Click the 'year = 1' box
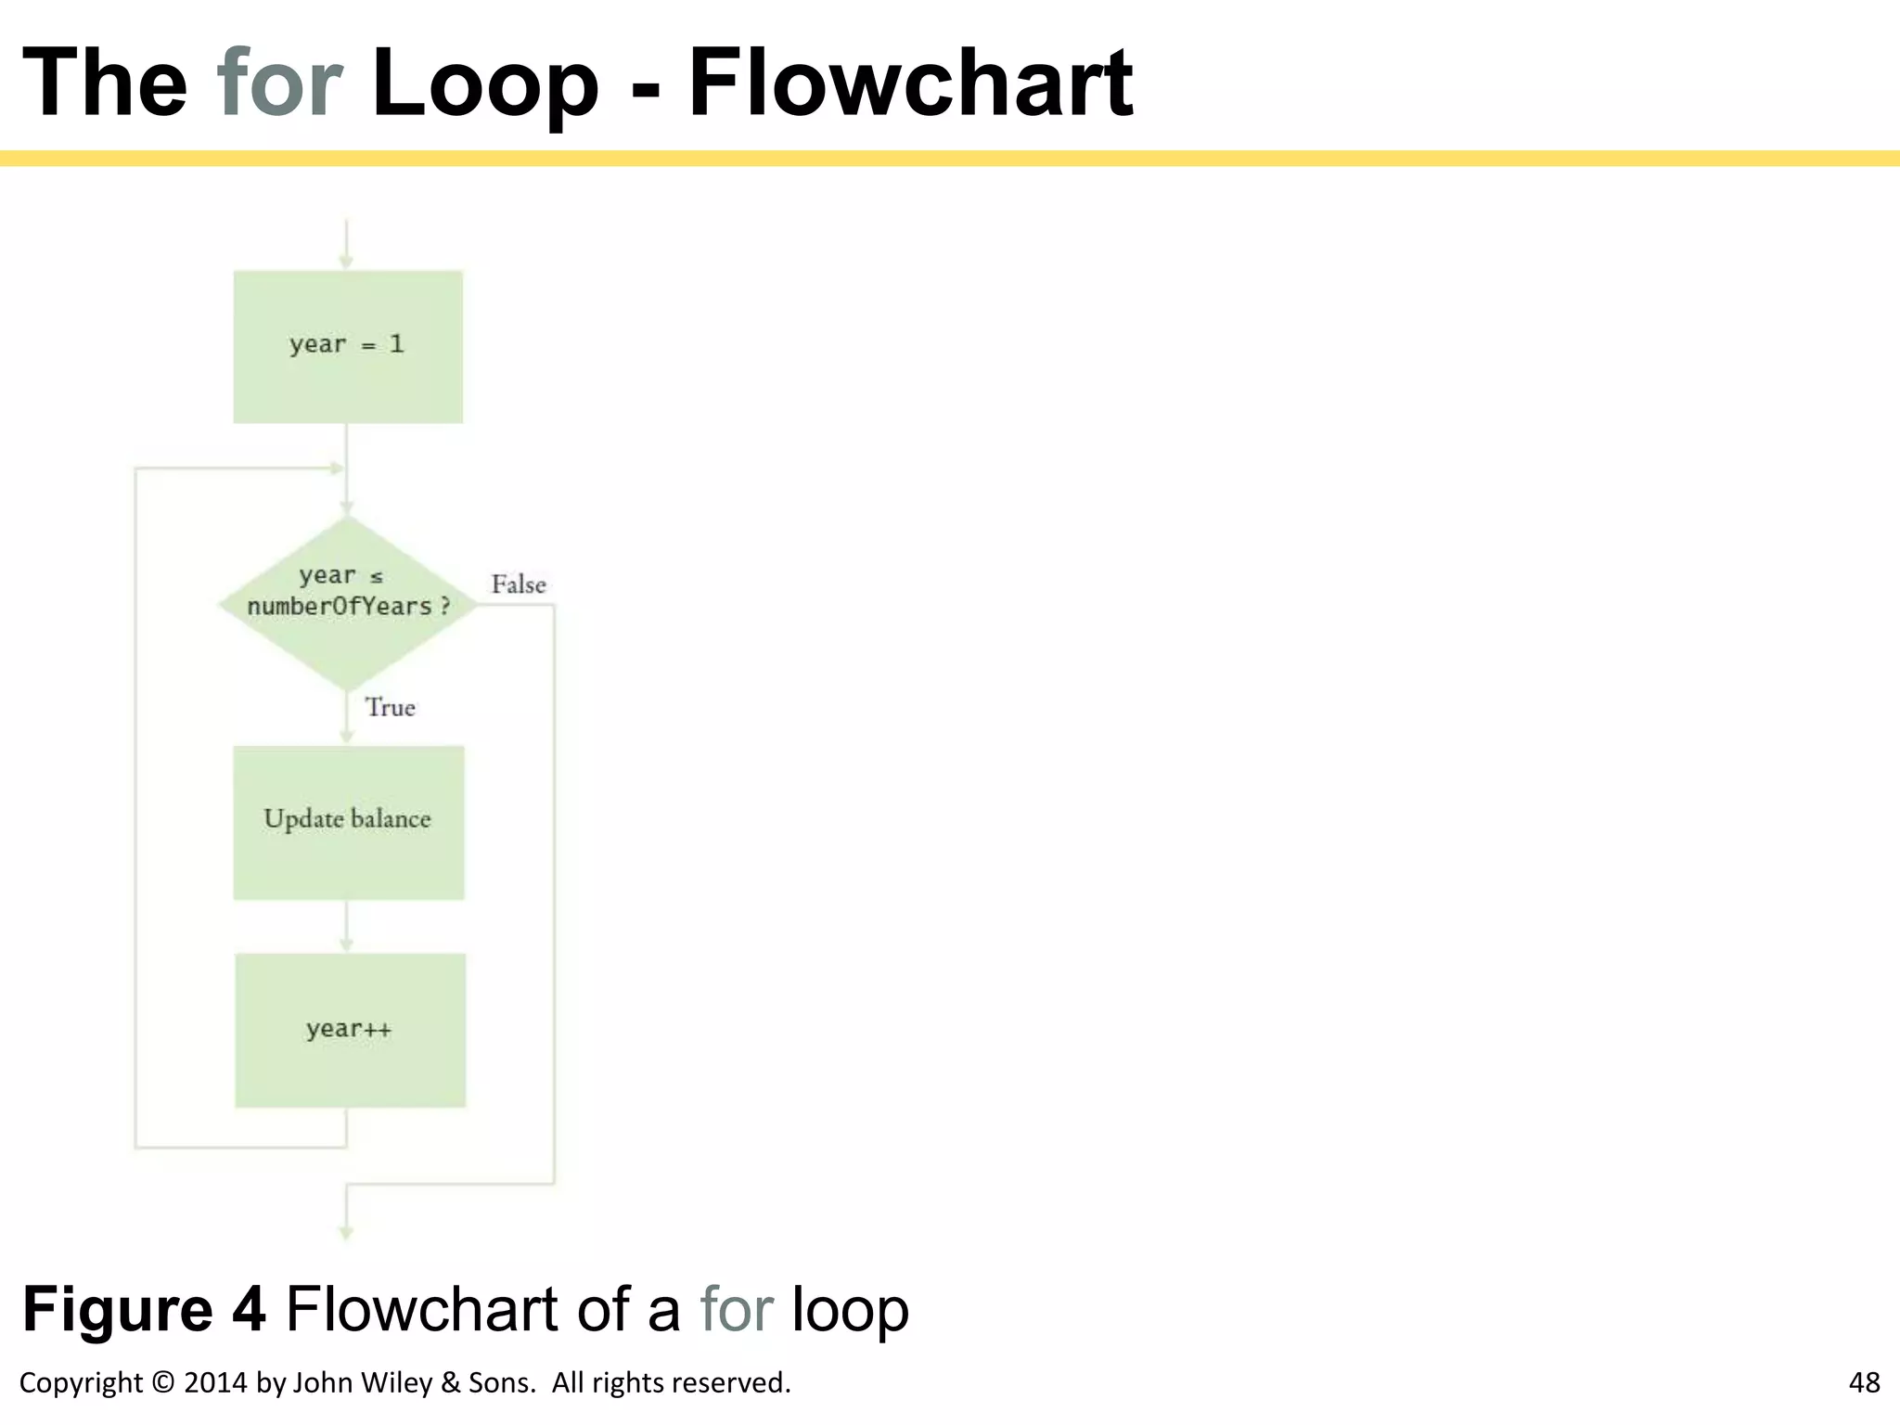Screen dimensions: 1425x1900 pyautogui.click(x=348, y=347)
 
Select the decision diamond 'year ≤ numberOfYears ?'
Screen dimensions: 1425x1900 pyautogui.click(x=348, y=603)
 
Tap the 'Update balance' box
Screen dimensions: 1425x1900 pyautogui.click(x=348, y=822)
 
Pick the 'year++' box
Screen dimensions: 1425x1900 pyautogui.click(x=350, y=1030)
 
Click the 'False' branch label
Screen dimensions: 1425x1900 pyautogui.click(x=518, y=584)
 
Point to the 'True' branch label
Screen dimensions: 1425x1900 pyautogui.click(x=390, y=708)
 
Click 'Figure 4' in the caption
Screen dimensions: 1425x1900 pyautogui.click(x=144, y=1310)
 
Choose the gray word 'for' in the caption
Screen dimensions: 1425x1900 pyautogui.click(x=737, y=1310)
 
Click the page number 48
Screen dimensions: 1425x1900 pyautogui.click(x=1864, y=1382)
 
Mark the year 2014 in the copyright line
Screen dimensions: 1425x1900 pyautogui.click(x=215, y=1382)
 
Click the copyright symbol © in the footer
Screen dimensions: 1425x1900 pyautogui.click(x=162, y=1382)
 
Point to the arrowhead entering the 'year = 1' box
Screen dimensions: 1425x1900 pyautogui.click(x=346, y=263)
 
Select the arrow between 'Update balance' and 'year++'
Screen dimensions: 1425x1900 pyautogui.click(x=346, y=927)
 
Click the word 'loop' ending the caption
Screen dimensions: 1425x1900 pyautogui.click(x=849, y=1310)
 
